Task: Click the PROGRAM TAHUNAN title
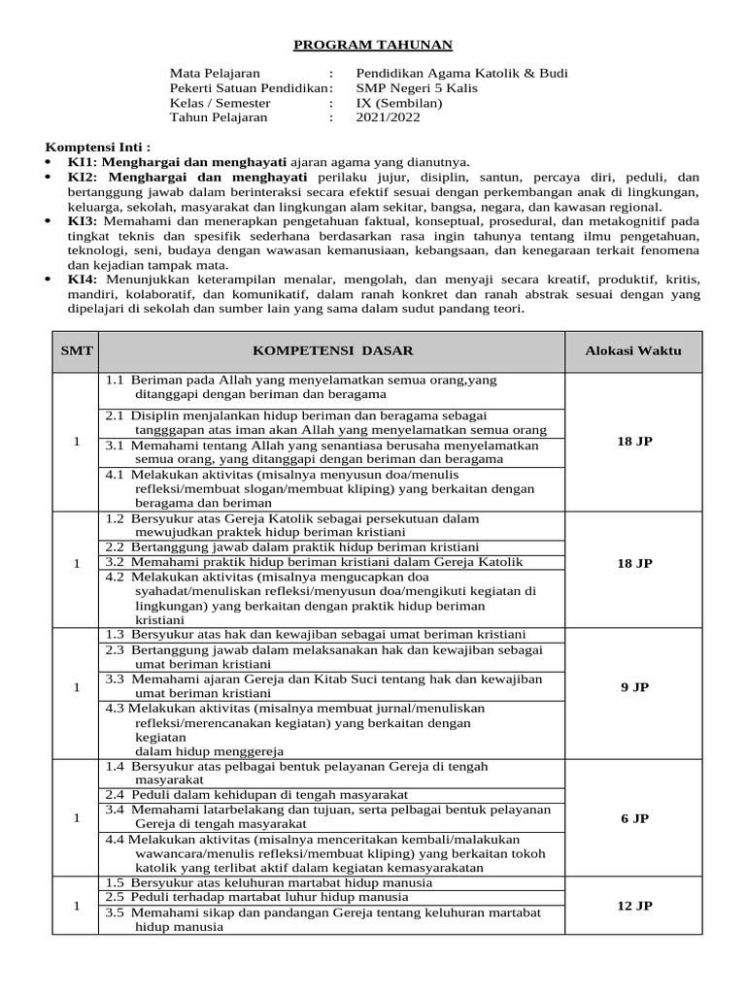pyautogui.click(x=374, y=45)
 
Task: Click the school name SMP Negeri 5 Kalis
pyautogui.click(x=413, y=88)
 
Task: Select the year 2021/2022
pyautogui.click(x=389, y=117)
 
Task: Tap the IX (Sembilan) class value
pyautogui.click(x=399, y=103)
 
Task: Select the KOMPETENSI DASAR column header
pyautogui.click(x=332, y=350)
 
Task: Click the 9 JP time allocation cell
pyautogui.click(x=634, y=687)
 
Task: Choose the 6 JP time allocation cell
pyautogui.click(x=634, y=818)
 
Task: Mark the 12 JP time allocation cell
pyautogui.click(x=634, y=906)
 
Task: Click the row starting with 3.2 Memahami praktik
pyautogui.click(x=314, y=562)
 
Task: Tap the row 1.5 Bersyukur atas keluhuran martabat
pyautogui.click(x=269, y=882)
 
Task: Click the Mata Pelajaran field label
pyautogui.click(x=215, y=74)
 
